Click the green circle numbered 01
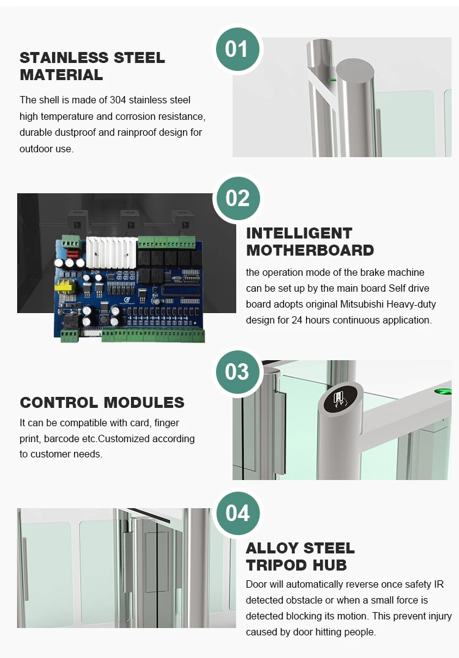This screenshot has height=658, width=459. pos(237,49)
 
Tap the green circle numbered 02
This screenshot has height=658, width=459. pos(237,198)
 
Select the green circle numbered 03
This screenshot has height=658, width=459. pos(237,372)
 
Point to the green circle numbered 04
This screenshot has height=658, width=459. pos(237,513)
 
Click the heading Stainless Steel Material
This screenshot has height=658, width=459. pos(92,66)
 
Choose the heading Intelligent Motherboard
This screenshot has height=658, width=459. pos(310,242)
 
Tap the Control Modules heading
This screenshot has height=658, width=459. pos(102,402)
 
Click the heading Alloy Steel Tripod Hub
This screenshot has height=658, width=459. pos(300,556)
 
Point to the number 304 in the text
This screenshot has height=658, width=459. pos(118,100)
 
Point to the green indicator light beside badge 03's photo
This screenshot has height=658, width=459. pos(442,391)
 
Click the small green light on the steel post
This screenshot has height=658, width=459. pos(332,79)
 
